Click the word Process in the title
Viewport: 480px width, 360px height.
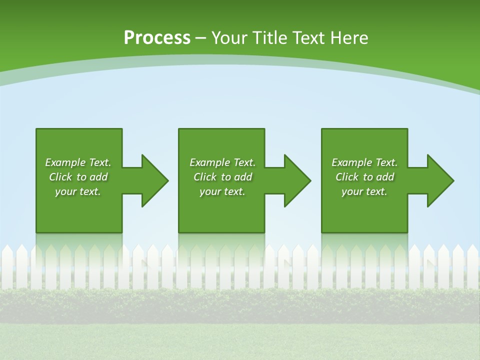(x=157, y=38)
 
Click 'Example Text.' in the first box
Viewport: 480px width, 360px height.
(x=78, y=162)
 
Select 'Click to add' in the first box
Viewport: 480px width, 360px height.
(x=78, y=177)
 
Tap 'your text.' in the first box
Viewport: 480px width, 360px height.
(x=78, y=191)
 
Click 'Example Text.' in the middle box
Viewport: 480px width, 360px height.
(x=222, y=162)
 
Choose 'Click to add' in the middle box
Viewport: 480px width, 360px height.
(x=222, y=177)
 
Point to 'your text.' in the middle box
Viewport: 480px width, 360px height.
(x=222, y=191)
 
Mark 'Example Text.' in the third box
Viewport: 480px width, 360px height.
(x=364, y=162)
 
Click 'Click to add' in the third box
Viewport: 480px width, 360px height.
(x=364, y=177)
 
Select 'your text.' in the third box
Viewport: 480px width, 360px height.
(x=364, y=191)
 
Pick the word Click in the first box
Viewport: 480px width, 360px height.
(x=60, y=177)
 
